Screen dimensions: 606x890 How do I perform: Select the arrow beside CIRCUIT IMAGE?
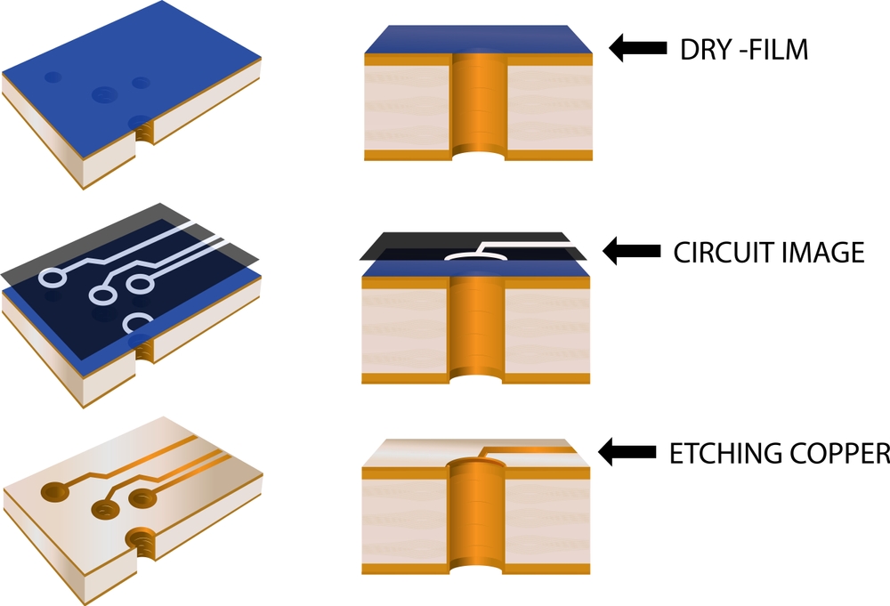pos(633,251)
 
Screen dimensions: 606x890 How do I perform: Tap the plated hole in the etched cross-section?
pos(479,525)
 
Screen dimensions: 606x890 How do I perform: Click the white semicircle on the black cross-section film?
pos(472,255)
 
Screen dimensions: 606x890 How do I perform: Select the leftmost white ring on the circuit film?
pos(50,279)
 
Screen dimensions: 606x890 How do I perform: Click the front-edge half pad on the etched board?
pos(140,539)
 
